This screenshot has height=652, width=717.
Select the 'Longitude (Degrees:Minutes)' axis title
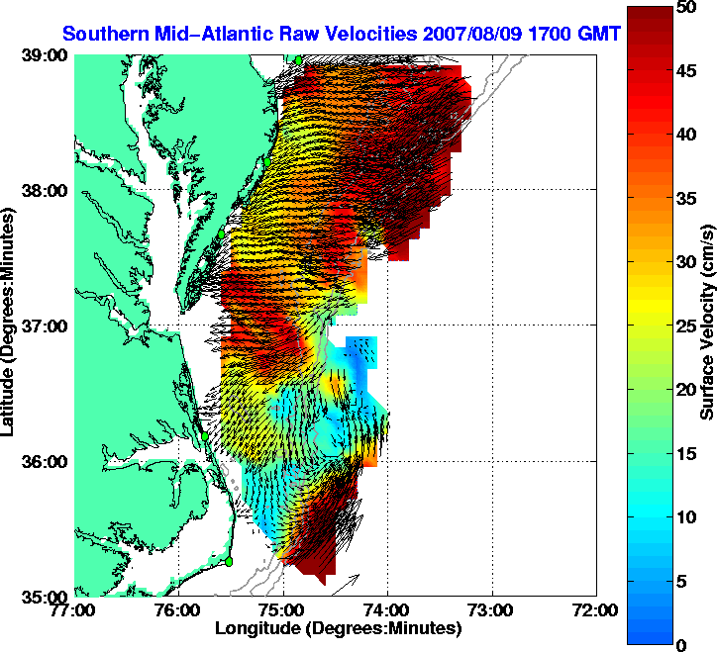pos(338,628)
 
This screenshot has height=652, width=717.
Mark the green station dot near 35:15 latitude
pos(228,561)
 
